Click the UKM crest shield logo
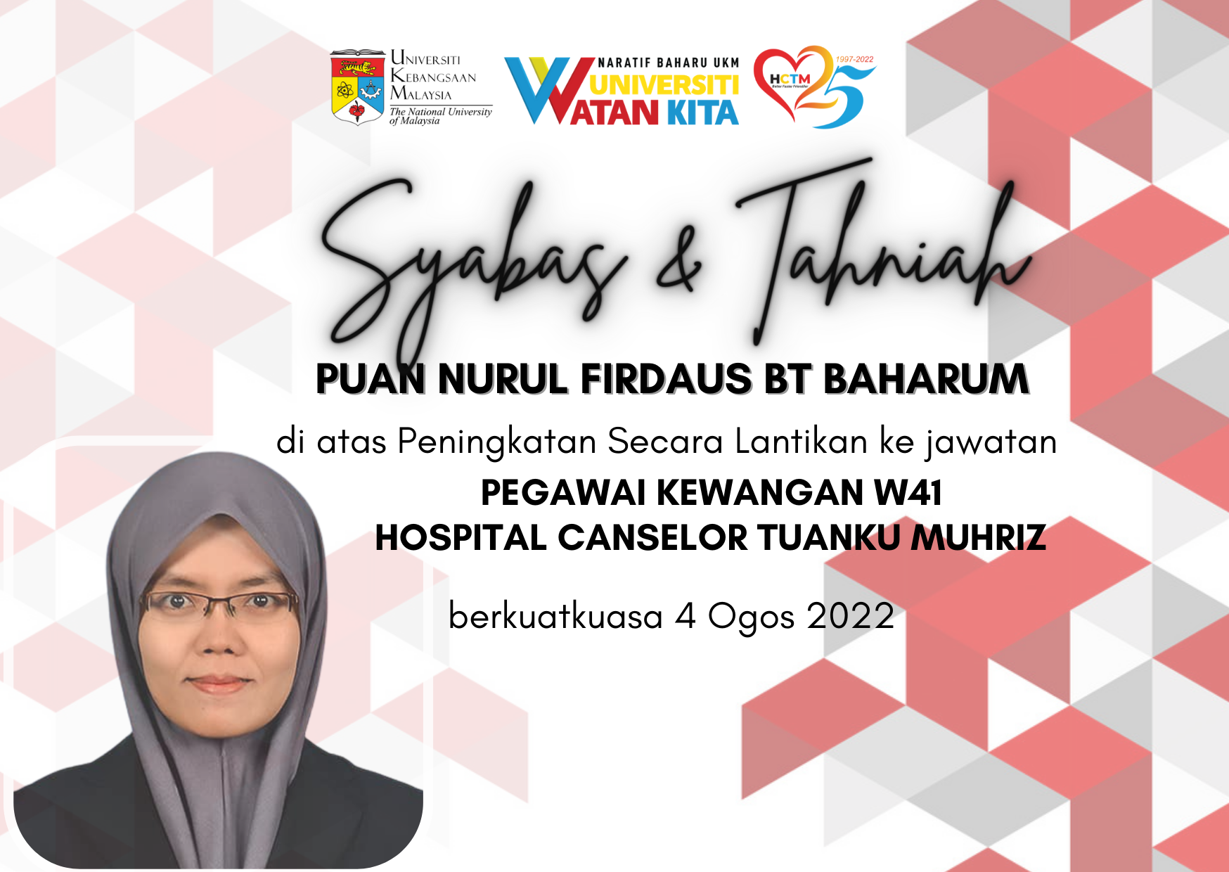357,87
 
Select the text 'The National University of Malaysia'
441,116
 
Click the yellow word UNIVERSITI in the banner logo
664,85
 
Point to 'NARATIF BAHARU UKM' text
669,63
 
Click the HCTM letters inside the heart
790,79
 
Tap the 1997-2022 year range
854,60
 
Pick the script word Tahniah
882,250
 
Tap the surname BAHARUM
926,379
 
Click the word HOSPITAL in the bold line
461,538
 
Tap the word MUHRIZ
979,538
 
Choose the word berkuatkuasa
555,616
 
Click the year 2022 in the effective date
851,616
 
